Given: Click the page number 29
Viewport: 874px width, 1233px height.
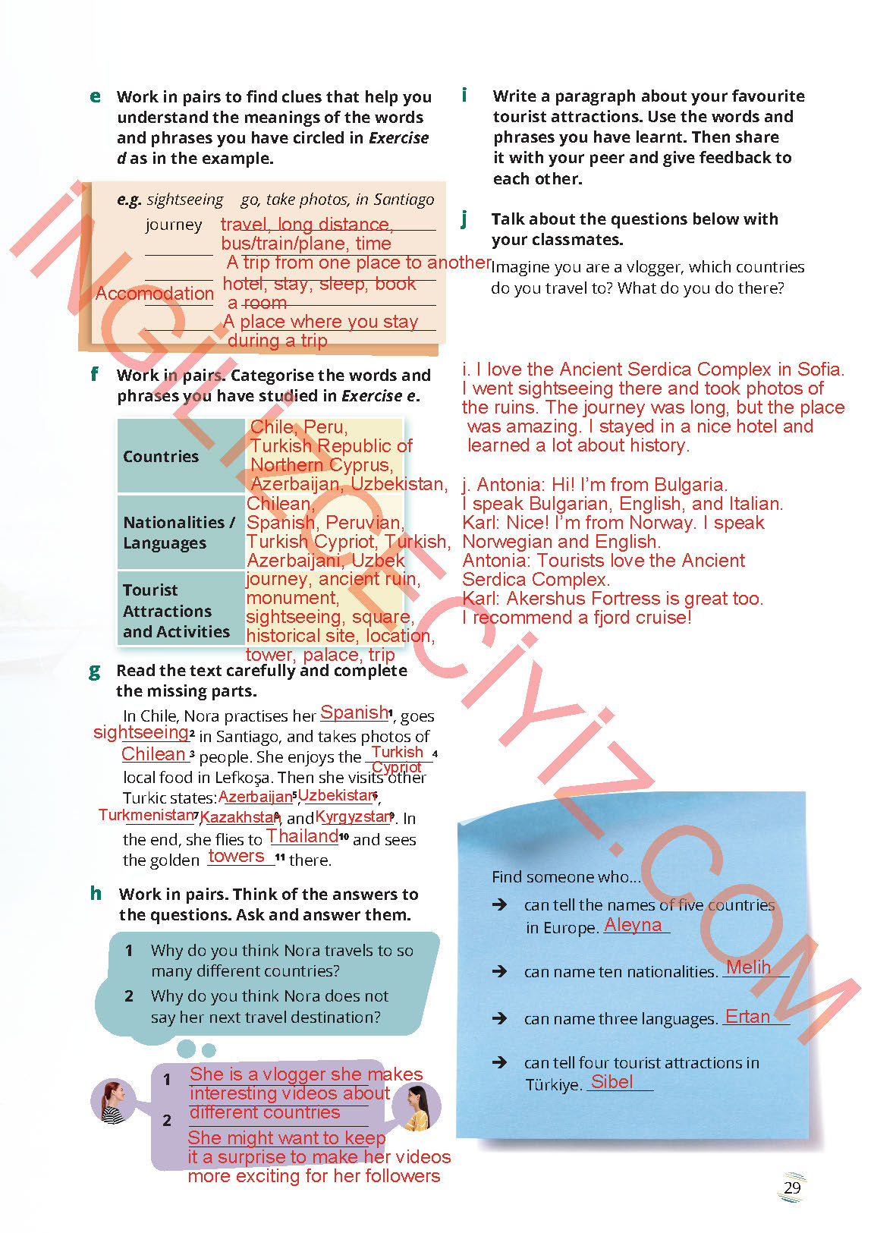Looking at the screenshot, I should point(792,1187).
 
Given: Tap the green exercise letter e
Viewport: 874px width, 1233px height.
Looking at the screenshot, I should point(95,96).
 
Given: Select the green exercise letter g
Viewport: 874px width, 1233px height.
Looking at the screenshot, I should point(95,671).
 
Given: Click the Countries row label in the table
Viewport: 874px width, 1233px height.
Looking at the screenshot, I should point(161,456).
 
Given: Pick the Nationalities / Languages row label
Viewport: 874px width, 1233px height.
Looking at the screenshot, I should point(178,532).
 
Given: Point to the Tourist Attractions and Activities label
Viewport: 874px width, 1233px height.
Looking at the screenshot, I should point(176,611).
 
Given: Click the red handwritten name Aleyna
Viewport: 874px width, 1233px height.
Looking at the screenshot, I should point(633,925).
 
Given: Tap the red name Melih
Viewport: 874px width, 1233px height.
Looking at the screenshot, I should point(748,967).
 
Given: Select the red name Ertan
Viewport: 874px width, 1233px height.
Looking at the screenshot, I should point(747,1017).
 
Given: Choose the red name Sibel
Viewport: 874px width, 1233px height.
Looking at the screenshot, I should point(611,1082).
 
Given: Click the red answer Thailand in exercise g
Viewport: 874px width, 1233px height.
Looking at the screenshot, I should point(302,836).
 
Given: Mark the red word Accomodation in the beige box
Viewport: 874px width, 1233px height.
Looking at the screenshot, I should point(155,294).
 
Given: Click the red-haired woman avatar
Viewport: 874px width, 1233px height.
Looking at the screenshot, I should point(112,1101).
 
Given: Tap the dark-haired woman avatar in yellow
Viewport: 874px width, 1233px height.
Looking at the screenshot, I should point(417,1106).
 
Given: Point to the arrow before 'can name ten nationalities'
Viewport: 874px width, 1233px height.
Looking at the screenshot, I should point(499,971).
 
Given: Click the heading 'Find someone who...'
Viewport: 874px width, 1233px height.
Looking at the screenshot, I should point(566,877).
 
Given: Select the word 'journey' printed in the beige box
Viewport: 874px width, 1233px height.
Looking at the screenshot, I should point(174,225).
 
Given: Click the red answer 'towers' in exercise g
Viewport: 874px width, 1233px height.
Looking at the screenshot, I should point(236,856).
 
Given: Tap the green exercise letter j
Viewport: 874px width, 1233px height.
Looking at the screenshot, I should point(464,219).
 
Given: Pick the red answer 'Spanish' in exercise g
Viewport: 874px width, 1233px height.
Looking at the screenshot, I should point(354,712).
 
